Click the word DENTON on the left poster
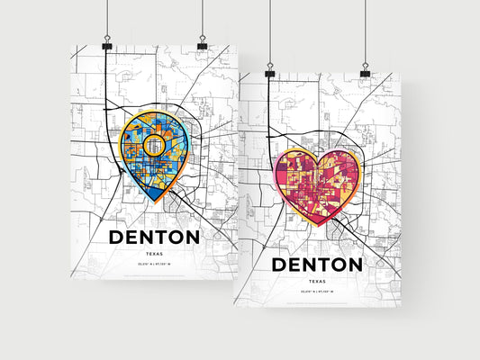point(154,237)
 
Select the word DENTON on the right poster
point(317,265)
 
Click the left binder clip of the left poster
point(107,44)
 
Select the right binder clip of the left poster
point(202,44)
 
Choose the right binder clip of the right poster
point(365,71)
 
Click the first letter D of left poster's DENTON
point(118,237)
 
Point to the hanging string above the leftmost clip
point(107,18)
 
